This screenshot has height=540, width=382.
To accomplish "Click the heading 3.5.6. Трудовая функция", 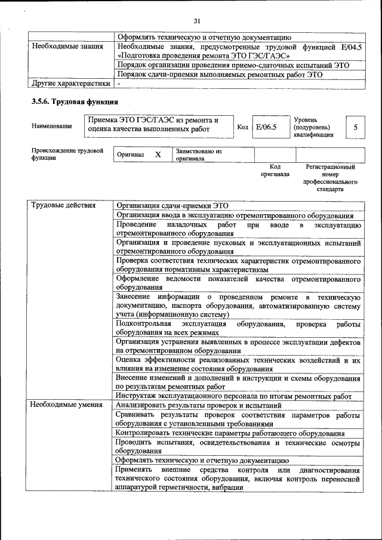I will click(75, 101).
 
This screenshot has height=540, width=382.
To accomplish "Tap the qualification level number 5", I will click(356, 127).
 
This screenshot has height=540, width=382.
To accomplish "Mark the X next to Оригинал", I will click(158, 155).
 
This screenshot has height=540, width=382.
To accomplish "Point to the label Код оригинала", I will click(275, 171).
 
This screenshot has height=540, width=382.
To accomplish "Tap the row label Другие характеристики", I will click(70, 84).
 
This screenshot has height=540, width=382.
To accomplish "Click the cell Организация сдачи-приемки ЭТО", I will click(172, 205).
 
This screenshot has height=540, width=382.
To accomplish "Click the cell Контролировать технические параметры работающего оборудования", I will click(230, 433).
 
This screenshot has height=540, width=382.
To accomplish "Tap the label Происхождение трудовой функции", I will click(67, 155).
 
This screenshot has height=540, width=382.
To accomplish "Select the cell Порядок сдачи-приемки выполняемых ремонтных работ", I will click(220, 75).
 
